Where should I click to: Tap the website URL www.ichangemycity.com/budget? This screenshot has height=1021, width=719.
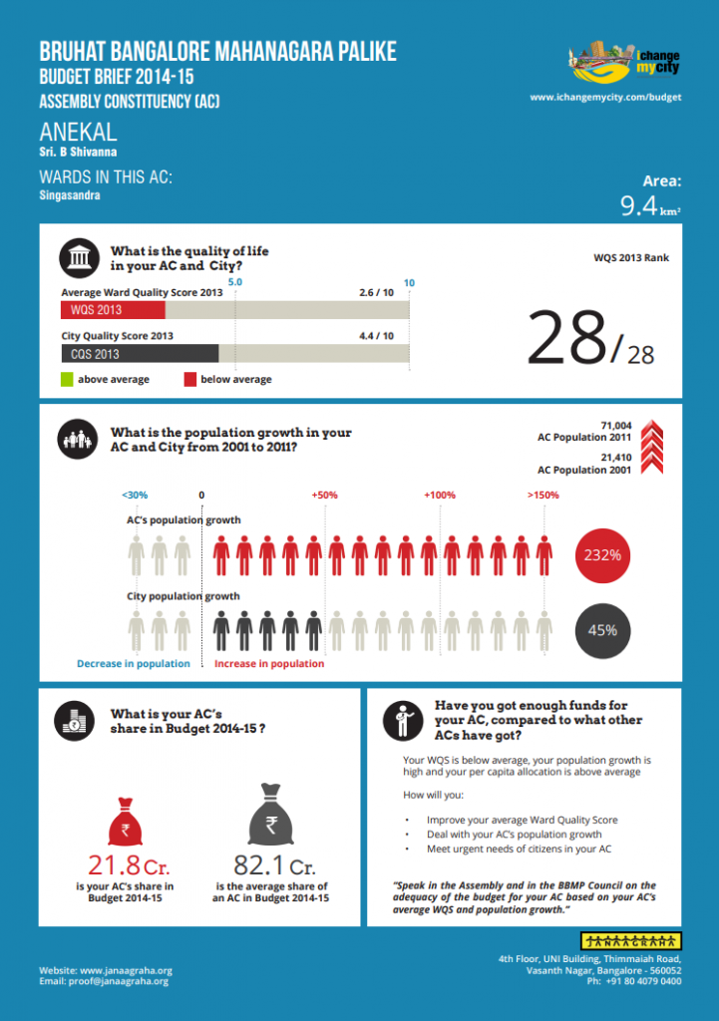(605, 98)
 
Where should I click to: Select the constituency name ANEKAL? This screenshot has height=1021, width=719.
(78, 132)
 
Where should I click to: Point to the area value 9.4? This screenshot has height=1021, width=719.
(638, 206)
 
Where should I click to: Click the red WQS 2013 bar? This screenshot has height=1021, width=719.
(119, 310)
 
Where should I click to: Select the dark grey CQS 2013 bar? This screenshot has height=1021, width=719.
(140, 353)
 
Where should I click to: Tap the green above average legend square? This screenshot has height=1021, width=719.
(67, 379)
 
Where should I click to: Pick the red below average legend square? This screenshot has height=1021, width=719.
(189, 379)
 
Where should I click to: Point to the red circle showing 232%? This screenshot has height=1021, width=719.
(602, 554)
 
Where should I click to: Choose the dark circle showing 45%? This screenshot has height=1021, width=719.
(602, 629)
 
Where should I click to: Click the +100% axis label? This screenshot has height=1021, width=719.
(439, 495)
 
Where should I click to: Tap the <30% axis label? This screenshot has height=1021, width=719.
(135, 495)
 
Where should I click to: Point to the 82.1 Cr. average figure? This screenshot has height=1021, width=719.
(273, 865)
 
